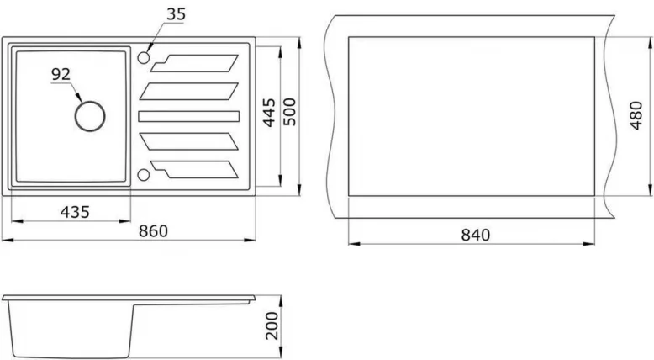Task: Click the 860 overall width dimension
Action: (x=153, y=231)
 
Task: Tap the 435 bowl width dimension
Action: (x=75, y=212)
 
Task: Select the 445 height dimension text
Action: (x=270, y=112)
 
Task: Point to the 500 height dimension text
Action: (x=289, y=112)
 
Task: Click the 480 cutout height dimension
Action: (x=636, y=115)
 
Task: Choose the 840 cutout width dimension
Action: (x=476, y=236)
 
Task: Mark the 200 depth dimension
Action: (x=272, y=326)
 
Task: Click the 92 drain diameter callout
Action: (x=61, y=74)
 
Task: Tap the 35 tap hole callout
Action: (x=176, y=14)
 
